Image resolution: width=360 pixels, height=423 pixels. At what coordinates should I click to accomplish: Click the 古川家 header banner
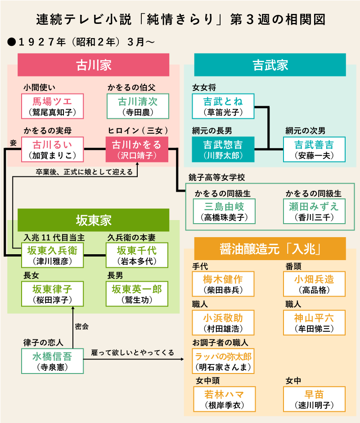93,65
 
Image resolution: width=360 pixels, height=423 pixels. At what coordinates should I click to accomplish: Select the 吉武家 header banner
270,65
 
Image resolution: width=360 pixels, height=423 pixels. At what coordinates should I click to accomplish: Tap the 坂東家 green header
93,220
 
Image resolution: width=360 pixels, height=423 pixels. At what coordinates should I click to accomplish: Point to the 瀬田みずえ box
314,211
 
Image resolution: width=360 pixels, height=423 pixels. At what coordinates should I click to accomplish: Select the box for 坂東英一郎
137,294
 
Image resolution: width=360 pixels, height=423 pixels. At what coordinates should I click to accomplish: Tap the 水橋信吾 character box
53,361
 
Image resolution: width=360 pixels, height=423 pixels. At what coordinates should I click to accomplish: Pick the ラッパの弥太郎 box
223,361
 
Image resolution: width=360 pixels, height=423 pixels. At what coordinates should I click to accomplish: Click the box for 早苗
314,399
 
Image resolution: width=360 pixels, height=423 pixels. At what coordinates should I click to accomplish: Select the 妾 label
13,143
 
